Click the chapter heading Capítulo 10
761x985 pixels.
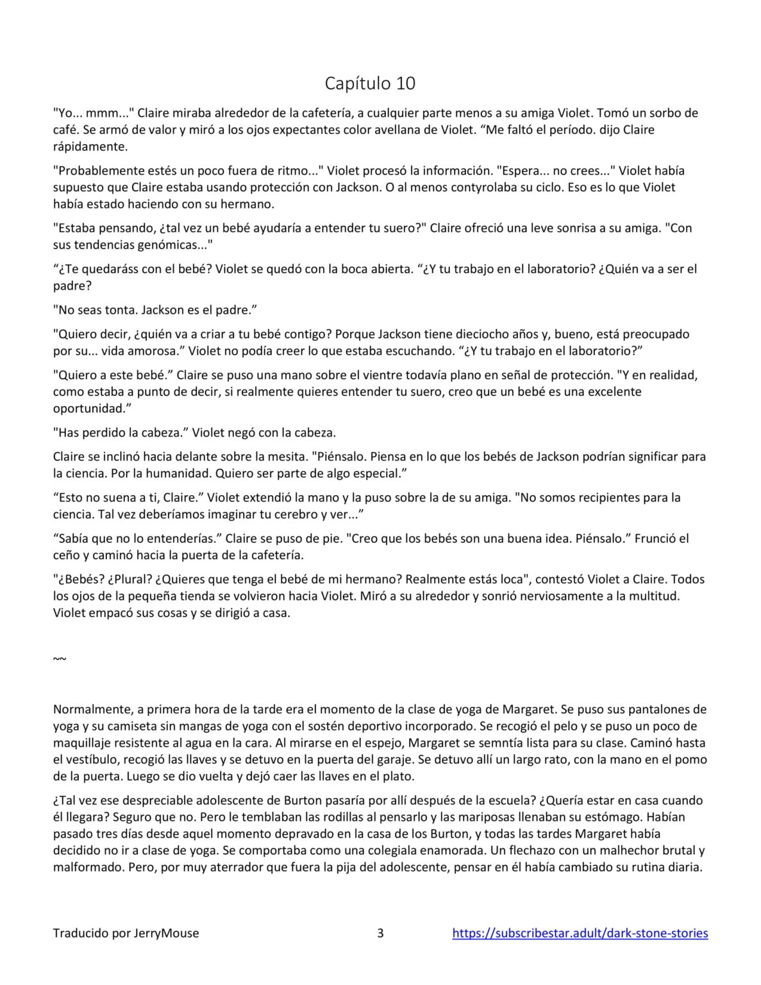pos(370,83)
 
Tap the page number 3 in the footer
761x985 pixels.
pos(380,933)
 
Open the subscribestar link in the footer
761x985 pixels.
pos(580,933)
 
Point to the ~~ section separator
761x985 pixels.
pos(60,659)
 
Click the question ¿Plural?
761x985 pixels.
pos(130,579)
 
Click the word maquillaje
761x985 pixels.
pos(85,743)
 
